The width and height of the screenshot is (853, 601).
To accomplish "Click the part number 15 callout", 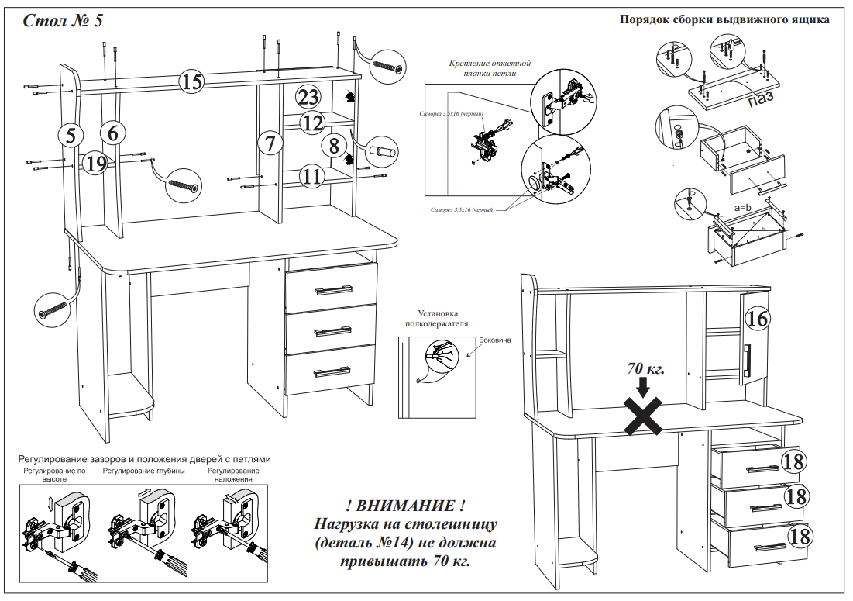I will (191, 81).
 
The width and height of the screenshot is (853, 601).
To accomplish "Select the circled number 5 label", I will (71, 135).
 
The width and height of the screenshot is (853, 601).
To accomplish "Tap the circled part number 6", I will (113, 133).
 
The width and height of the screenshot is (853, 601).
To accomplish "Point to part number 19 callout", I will (97, 163).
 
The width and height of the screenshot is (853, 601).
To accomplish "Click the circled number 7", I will (270, 143).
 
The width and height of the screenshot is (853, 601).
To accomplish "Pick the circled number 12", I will (311, 122).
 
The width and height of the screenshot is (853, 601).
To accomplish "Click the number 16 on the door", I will (759, 318).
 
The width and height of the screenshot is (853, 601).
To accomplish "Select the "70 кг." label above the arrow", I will (646, 368).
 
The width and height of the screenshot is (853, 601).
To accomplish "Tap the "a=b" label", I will (745, 209).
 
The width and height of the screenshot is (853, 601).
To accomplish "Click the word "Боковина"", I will (496, 340).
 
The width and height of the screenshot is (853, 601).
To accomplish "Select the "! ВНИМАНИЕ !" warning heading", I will (406, 506).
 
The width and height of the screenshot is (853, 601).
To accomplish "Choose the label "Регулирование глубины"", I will (143, 471).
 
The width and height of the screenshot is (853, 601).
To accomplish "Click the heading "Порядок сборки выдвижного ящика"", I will (724, 20).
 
